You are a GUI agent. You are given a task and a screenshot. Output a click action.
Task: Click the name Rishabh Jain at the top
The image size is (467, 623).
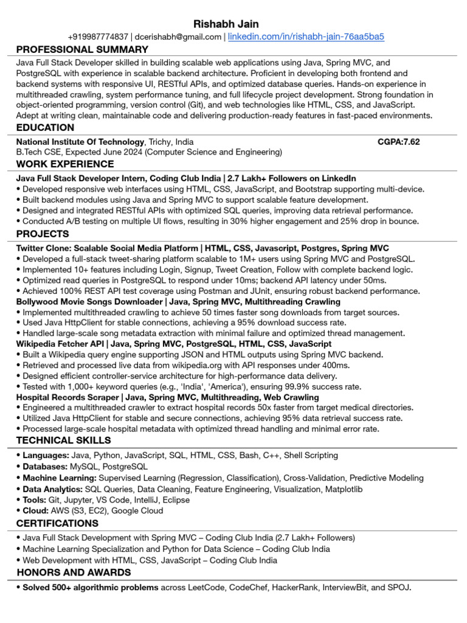click(x=226, y=24)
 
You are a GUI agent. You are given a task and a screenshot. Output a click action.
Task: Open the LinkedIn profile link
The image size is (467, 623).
click(x=306, y=37)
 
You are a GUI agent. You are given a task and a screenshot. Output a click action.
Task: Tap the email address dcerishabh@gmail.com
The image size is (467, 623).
click(x=178, y=37)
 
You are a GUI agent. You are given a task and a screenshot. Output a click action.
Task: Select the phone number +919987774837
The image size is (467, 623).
click(x=98, y=37)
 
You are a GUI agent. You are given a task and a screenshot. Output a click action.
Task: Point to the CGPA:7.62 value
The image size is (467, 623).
click(x=398, y=142)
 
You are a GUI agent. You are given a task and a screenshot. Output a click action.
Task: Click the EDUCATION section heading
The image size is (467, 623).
click(x=45, y=128)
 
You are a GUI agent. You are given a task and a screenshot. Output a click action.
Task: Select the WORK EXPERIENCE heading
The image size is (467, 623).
click(x=65, y=164)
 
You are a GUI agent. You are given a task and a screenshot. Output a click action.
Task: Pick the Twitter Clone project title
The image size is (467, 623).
click(x=106, y=248)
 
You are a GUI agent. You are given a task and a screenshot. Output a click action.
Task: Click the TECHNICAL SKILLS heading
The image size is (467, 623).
click(x=64, y=440)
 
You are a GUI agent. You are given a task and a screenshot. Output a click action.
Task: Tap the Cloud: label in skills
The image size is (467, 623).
click(x=35, y=511)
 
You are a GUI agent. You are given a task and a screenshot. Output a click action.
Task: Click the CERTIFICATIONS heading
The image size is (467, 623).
click(x=57, y=524)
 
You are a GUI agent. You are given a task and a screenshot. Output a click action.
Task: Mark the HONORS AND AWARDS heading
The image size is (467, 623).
click(x=74, y=573)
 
